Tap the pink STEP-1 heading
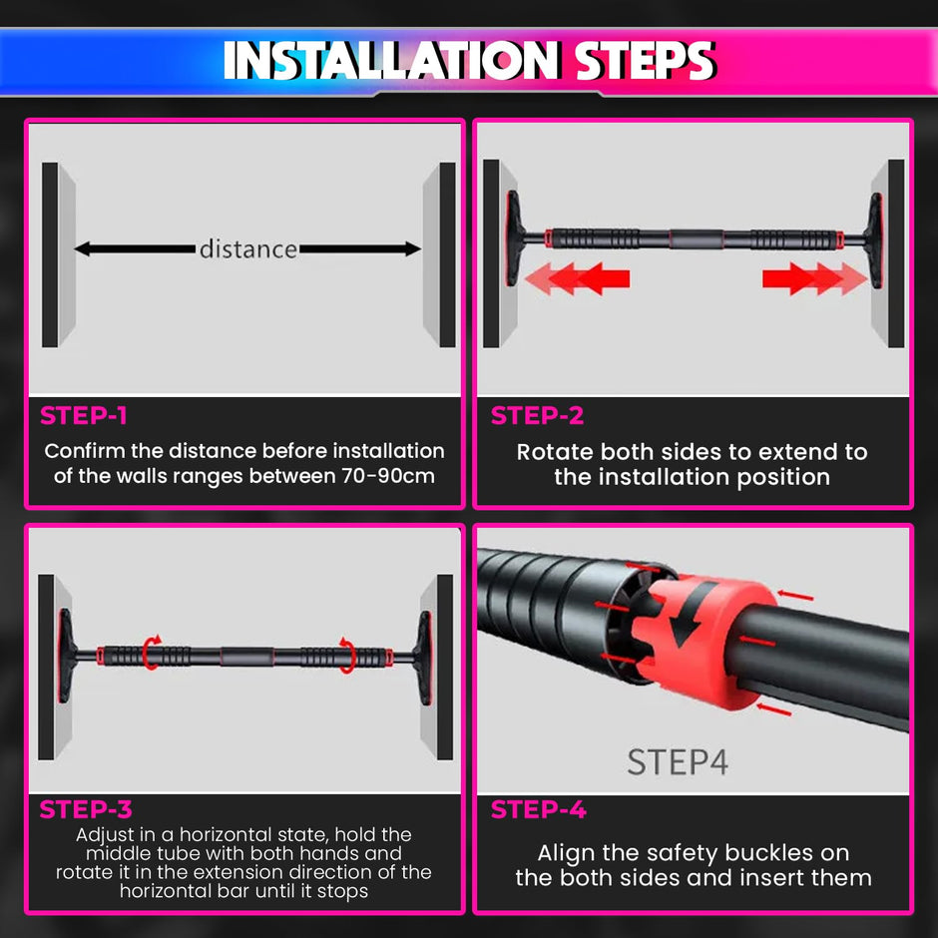(84, 416)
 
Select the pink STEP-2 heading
(537, 416)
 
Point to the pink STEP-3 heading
(86, 808)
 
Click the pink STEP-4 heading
(538, 809)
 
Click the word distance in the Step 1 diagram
(247, 248)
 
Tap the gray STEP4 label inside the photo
(678, 762)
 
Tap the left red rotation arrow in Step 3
(152, 653)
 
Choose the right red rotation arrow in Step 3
(347, 653)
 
